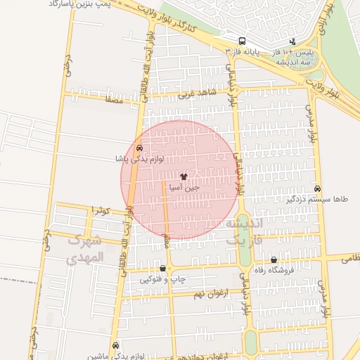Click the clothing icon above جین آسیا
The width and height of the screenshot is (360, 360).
click(184, 176)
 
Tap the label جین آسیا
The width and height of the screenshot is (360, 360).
click(184, 188)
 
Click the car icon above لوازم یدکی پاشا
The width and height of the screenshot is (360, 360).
click(140, 148)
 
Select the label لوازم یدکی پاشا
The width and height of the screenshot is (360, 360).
click(140, 159)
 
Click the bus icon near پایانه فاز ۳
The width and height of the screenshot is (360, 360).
click(242, 41)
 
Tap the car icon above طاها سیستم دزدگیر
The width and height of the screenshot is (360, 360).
click(318, 188)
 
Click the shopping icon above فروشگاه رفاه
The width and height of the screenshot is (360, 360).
click(274, 260)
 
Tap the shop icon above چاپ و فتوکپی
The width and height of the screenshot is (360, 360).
click(163, 268)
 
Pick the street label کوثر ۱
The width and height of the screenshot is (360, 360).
click(103, 210)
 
